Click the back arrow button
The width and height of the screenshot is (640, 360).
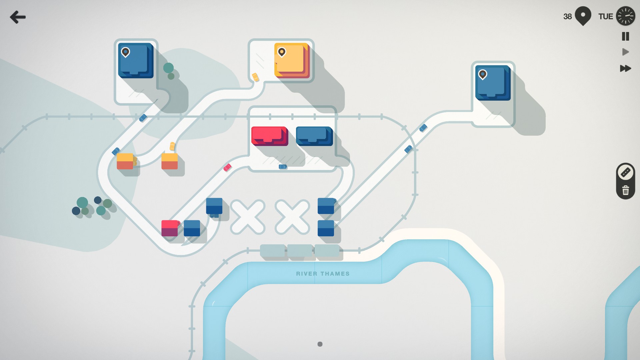tap(18, 17)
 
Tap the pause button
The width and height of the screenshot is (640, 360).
tap(625, 36)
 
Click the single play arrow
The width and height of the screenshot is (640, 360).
tap(625, 52)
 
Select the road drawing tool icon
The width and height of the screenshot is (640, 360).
tap(625, 172)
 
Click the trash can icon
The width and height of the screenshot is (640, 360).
tap(625, 190)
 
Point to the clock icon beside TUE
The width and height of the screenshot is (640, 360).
tap(625, 16)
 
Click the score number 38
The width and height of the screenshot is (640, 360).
tap(567, 17)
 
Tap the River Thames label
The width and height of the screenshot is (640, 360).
tap(323, 274)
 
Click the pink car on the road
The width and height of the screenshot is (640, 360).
tap(227, 167)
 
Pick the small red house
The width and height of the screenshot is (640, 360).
tap(170, 228)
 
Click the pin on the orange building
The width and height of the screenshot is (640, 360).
tap(282, 52)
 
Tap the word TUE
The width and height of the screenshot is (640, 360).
tap(605, 17)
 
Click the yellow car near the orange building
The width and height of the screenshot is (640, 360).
tap(255, 77)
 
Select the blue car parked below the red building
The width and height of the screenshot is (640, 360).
tap(283, 167)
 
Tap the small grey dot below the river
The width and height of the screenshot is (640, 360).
tap(320, 344)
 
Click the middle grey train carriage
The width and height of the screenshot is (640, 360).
tap(300, 251)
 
